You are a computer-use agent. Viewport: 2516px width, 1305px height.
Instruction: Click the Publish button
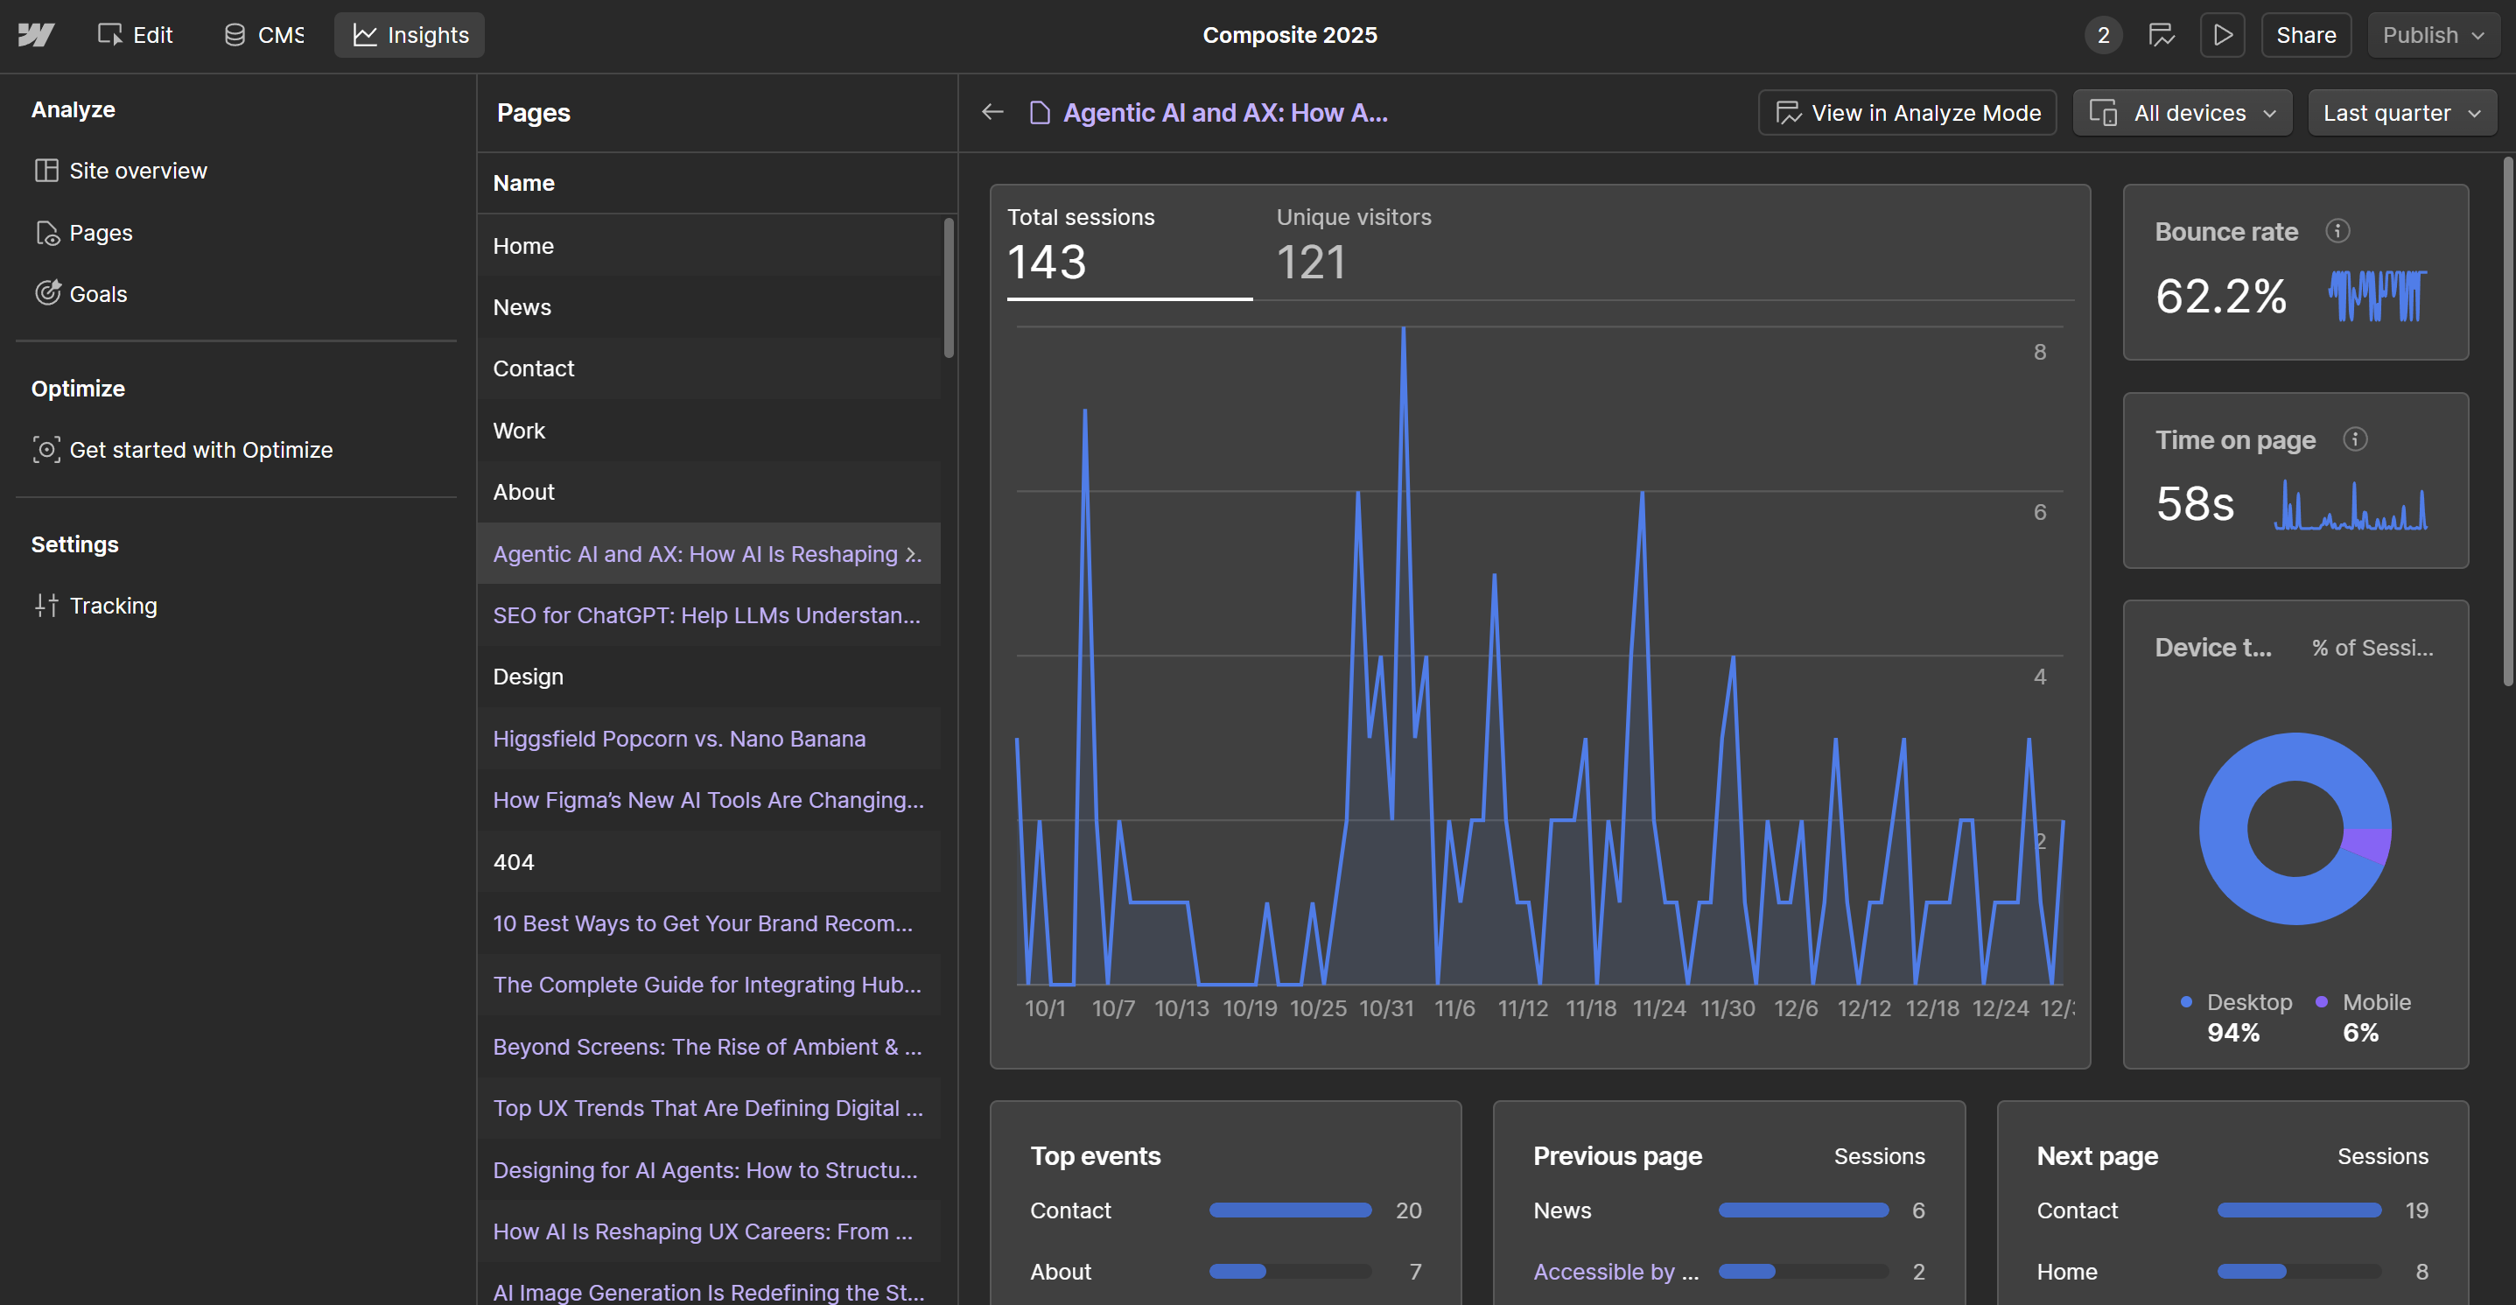(x=2431, y=35)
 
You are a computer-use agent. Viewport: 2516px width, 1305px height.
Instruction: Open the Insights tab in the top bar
(x=410, y=35)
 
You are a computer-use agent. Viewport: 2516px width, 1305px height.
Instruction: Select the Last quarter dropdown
(x=2400, y=113)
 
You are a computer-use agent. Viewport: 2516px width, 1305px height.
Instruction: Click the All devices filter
(x=2182, y=113)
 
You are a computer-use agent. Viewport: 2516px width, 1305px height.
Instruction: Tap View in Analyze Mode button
(x=1907, y=113)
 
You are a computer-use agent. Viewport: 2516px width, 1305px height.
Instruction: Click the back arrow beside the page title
(x=992, y=112)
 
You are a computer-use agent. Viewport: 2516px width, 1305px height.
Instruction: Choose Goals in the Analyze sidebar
(x=98, y=294)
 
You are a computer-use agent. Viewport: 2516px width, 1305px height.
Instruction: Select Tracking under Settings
(x=112, y=606)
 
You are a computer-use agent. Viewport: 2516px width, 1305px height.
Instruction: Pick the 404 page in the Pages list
(x=514, y=861)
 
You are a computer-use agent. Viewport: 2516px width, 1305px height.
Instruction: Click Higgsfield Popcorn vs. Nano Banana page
(x=679, y=739)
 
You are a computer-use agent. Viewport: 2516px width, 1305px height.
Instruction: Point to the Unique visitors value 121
(x=1311, y=262)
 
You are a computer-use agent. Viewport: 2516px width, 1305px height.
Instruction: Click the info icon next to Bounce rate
(x=2337, y=231)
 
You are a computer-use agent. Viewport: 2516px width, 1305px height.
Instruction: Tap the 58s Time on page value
(x=2195, y=504)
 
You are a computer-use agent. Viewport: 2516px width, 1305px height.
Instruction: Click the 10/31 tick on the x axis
(x=1386, y=1008)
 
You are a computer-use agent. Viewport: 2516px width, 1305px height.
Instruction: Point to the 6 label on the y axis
(x=2039, y=512)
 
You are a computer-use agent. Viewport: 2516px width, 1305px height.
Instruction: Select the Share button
(x=2305, y=35)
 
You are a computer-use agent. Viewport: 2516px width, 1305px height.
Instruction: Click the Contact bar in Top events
(x=1289, y=1210)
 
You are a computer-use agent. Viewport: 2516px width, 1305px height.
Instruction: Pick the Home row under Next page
(x=2067, y=1272)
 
